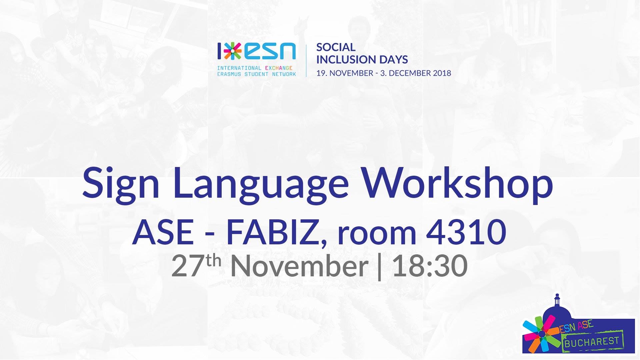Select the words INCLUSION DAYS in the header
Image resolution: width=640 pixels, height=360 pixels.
pyautogui.click(x=362, y=60)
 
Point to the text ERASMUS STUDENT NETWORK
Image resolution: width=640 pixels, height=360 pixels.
pyautogui.click(x=256, y=74)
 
